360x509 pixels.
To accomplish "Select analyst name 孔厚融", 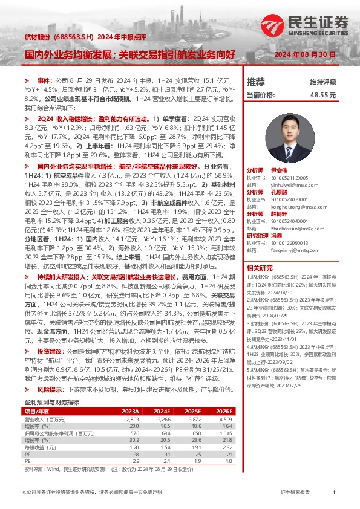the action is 276,192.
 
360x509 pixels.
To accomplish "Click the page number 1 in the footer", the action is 333,493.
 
